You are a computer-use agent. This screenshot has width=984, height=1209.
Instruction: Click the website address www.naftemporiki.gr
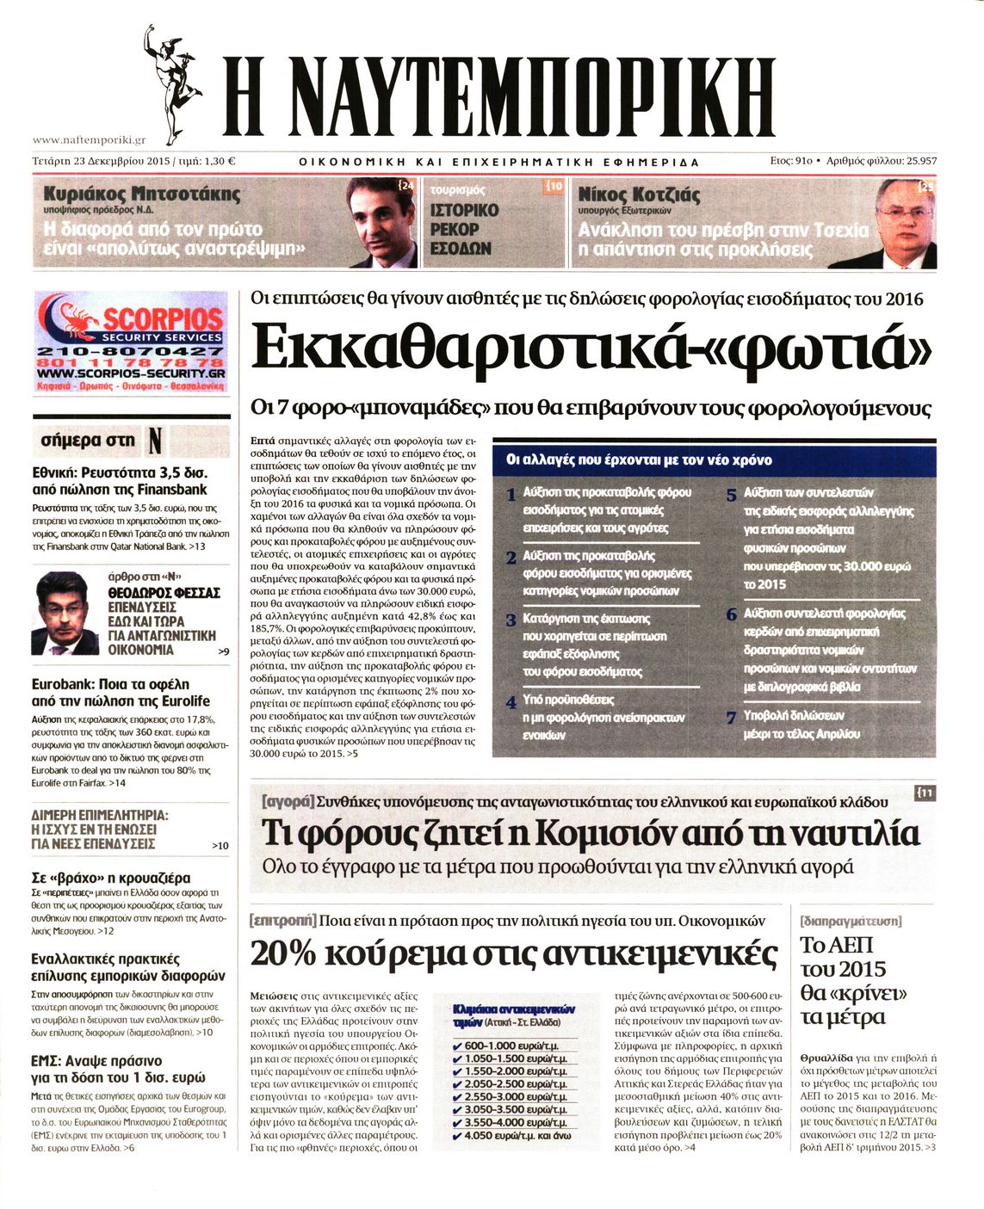(x=89, y=139)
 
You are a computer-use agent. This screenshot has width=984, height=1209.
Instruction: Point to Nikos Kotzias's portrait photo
(x=904, y=222)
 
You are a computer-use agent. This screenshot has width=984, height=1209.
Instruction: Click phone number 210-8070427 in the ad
(x=131, y=351)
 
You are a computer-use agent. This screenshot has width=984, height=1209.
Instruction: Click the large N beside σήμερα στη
(x=154, y=441)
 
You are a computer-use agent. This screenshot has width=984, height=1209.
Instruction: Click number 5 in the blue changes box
(x=731, y=495)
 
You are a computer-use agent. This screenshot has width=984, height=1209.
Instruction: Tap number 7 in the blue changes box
(x=731, y=717)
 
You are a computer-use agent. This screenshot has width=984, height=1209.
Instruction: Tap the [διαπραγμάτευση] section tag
(x=851, y=921)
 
